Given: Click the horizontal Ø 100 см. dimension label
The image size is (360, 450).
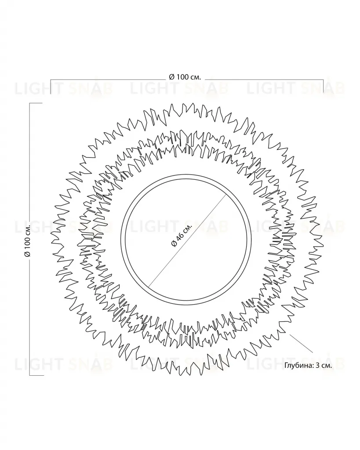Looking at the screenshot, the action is [x=185, y=77].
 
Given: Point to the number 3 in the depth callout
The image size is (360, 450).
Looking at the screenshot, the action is [x=317, y=366].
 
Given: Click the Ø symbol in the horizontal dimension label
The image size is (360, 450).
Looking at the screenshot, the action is [x=171, y=77].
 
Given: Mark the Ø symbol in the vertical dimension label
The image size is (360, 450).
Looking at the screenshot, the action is [x=28, y=254].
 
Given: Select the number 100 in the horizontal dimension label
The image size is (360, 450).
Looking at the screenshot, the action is [x=181, y=77].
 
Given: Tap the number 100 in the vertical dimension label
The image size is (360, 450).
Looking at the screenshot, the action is [x=28, y=243].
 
